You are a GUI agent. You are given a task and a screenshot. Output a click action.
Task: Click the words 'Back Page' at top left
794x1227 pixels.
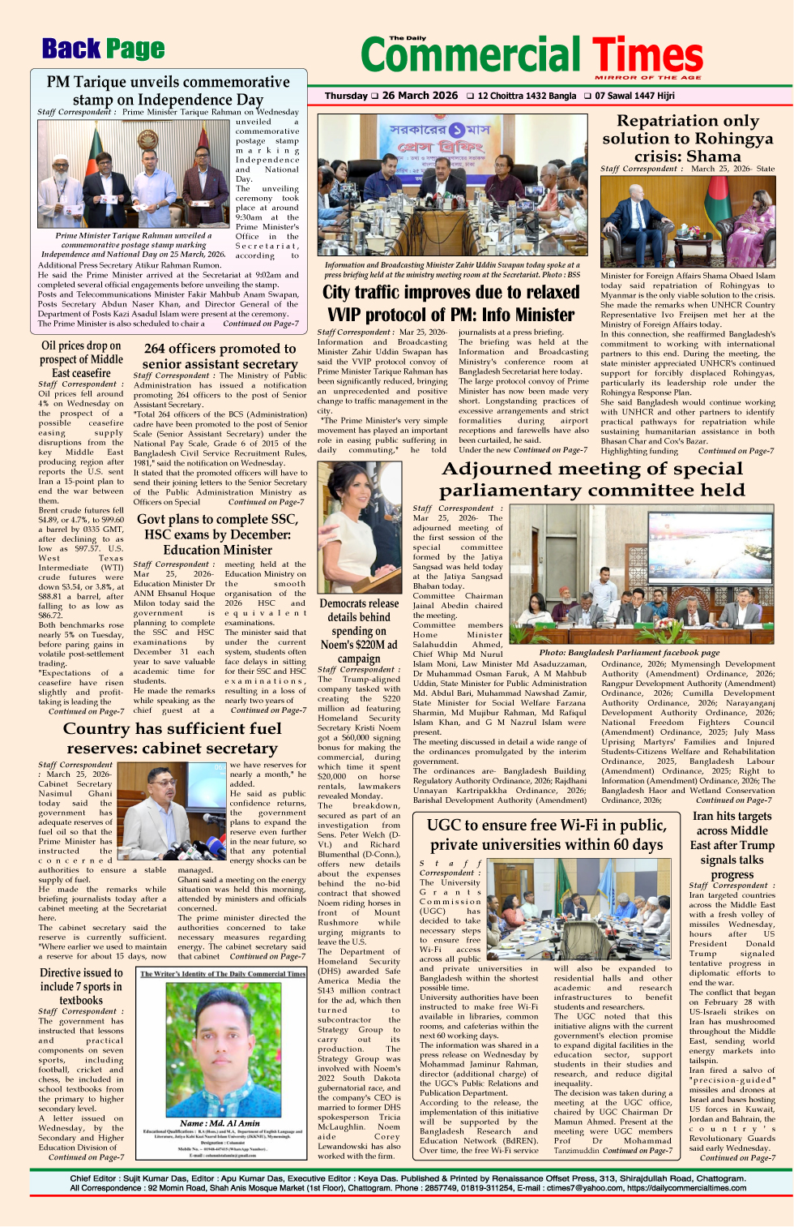pos(103,49)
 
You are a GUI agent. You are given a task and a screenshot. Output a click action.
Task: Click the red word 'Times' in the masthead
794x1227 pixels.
pos(647,56)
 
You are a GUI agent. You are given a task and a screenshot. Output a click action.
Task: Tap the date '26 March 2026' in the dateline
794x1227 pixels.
pos(420,96)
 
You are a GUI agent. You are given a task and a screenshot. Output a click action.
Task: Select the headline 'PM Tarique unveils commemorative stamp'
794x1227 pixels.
pos(168,90)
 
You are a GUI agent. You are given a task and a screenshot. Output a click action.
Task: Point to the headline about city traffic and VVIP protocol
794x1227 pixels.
pos(450,303)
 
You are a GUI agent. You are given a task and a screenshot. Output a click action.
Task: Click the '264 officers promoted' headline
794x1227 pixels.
pos(220,356)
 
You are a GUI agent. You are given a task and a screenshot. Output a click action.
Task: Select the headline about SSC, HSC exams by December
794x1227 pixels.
pos(217,534)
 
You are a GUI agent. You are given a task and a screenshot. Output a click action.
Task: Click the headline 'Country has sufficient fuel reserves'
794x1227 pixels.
pos(172,738)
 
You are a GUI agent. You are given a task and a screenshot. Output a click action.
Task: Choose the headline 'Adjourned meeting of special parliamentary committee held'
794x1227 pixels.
pos(592,479)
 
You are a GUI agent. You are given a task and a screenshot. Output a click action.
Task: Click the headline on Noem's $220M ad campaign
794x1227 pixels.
pos(359,631)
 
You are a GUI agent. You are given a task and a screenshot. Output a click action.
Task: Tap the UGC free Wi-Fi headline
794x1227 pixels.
pos(545,834)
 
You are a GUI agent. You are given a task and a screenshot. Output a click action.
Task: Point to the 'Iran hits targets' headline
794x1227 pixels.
pos(732,845)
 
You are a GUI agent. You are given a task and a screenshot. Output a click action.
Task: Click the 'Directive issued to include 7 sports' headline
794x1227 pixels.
pos(81,986)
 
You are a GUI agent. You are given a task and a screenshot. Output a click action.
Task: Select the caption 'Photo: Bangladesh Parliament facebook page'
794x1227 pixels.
pos(629,652)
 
